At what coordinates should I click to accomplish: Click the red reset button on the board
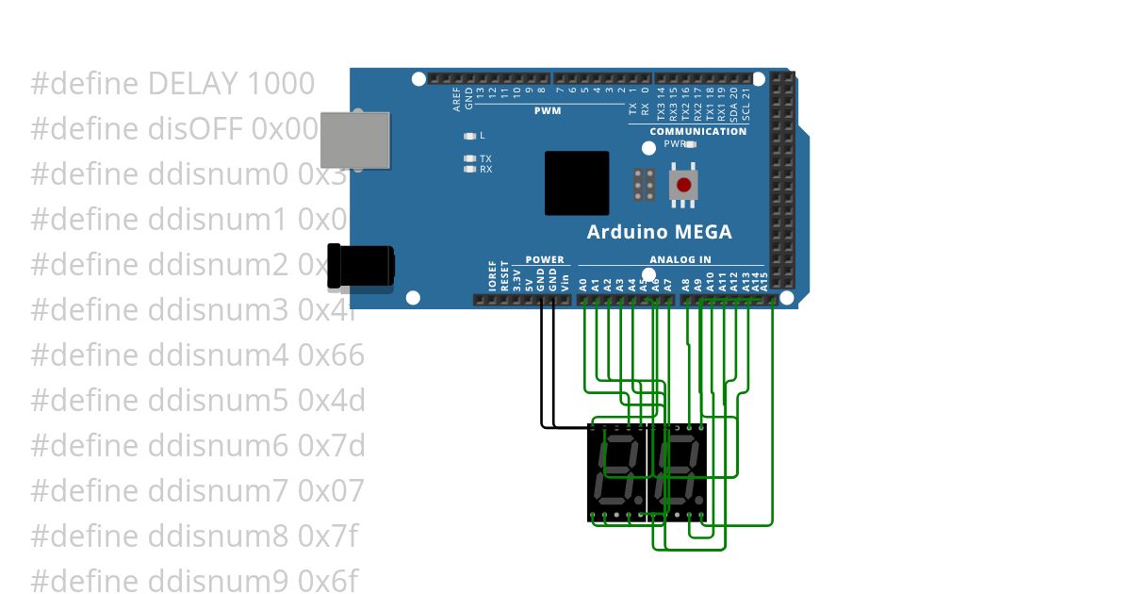pyautogui.click(x=683, y=185)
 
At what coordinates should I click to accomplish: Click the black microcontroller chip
pyautogui.click(x=577, y=183)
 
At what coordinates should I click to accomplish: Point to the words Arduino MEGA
pyautogui.click(x=659, y=232)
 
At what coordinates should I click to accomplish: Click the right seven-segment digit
pyautogui.click(x=681, y=471)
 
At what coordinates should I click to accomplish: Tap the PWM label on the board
pyautogui.click(x=548, y=110)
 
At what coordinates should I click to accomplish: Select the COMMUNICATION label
pyautogui.click(x=697, y=131)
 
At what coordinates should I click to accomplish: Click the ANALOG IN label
pyautogui.click(x=680, y=259)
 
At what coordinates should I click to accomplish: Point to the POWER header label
pyautogui.click(x=545, y=259)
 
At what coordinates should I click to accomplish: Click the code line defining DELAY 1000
pyautogui.click(x=172, y=84)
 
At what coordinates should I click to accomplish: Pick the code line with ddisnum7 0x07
pyautogui.click(x=197, y=490)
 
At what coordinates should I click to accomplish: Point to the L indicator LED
pyautogui.click(x=469, y=137)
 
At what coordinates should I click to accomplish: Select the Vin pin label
pyautogui.click(x=565, y=280)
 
